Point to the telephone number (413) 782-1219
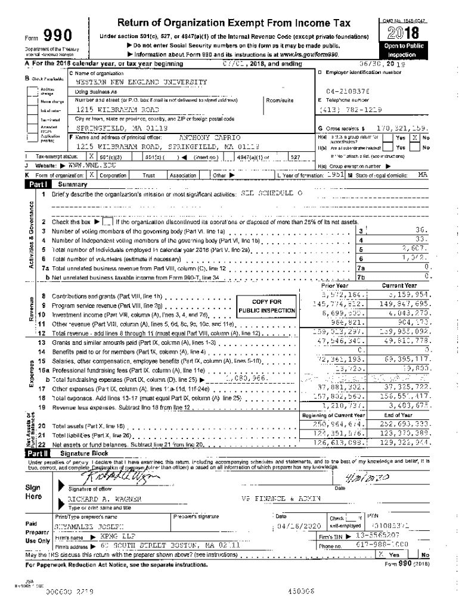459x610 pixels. (350, 110)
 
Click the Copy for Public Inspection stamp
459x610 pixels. (266, 306)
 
